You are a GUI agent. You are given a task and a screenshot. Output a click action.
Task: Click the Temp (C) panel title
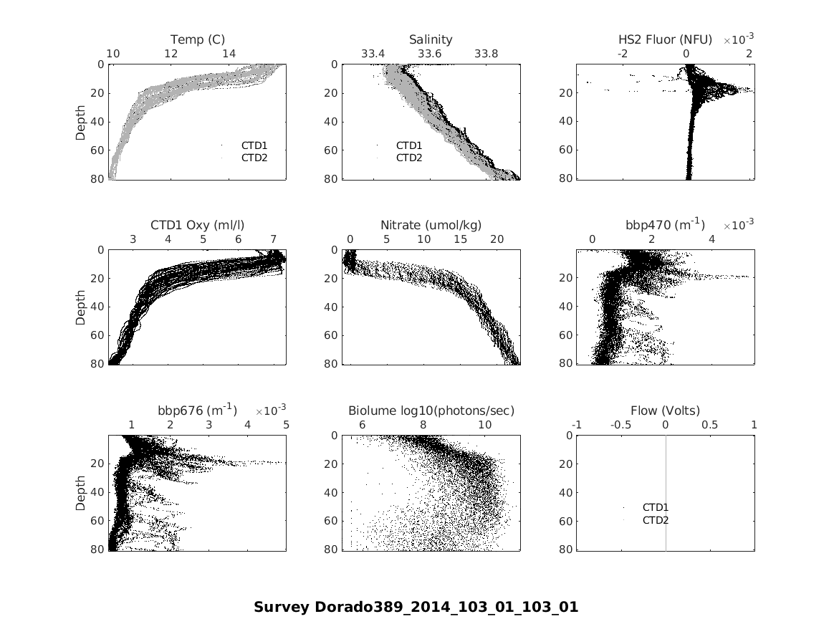(198, 39)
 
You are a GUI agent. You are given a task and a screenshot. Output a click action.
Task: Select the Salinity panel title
(431, 39)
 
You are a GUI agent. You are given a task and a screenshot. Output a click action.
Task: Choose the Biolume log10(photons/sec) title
(431, 411)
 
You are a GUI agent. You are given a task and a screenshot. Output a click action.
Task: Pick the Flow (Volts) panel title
(665, 411)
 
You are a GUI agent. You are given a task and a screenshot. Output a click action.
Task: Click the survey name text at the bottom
(416, 607)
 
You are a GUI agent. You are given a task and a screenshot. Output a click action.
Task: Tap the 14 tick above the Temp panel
(229, 54)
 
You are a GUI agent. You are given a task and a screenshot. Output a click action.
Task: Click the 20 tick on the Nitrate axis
(497, 239)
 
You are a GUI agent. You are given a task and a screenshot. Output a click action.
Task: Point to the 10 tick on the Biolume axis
(484, 425)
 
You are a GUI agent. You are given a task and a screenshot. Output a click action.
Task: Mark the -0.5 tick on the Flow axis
(620, 425)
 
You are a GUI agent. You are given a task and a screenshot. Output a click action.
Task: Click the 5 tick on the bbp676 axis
(286, 425)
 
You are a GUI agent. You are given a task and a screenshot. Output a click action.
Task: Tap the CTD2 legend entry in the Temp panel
(254, 158)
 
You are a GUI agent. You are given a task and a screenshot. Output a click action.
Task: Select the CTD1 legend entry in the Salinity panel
(408, 145)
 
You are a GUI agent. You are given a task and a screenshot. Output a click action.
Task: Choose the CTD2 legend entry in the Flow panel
(655, 520)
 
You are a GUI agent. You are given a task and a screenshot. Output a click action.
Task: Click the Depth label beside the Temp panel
(81, 122)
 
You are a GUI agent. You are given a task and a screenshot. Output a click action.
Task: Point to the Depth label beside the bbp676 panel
(81, 493)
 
